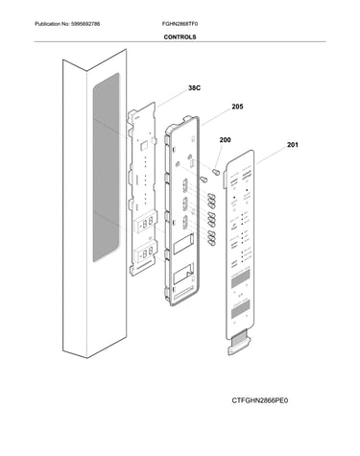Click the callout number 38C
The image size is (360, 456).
(194, 88)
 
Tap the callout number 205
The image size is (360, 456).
(237, 107)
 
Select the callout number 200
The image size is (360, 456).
(225, 140)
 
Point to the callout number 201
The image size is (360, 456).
(293, 145)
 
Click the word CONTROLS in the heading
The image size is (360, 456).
(180, 37)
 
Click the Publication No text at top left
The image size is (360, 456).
(67, 24)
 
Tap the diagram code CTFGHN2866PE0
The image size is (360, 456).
(260, 400)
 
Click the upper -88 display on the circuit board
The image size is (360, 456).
(146, 223)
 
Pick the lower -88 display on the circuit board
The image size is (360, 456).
(146, 252)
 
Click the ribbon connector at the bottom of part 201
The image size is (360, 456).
(239, 343)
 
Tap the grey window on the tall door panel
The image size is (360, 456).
(107, 167)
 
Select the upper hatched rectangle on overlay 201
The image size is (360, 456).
(240, 278)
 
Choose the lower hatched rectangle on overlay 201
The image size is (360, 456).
(240, 308)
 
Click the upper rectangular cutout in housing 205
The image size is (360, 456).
(183, 243)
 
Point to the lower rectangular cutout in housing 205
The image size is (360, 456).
(183, 273)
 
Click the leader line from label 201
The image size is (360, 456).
(272, 156)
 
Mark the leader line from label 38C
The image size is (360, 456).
(173, 99)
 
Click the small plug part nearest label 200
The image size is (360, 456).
(217, 172)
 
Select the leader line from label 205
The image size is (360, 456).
(216, 118)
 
